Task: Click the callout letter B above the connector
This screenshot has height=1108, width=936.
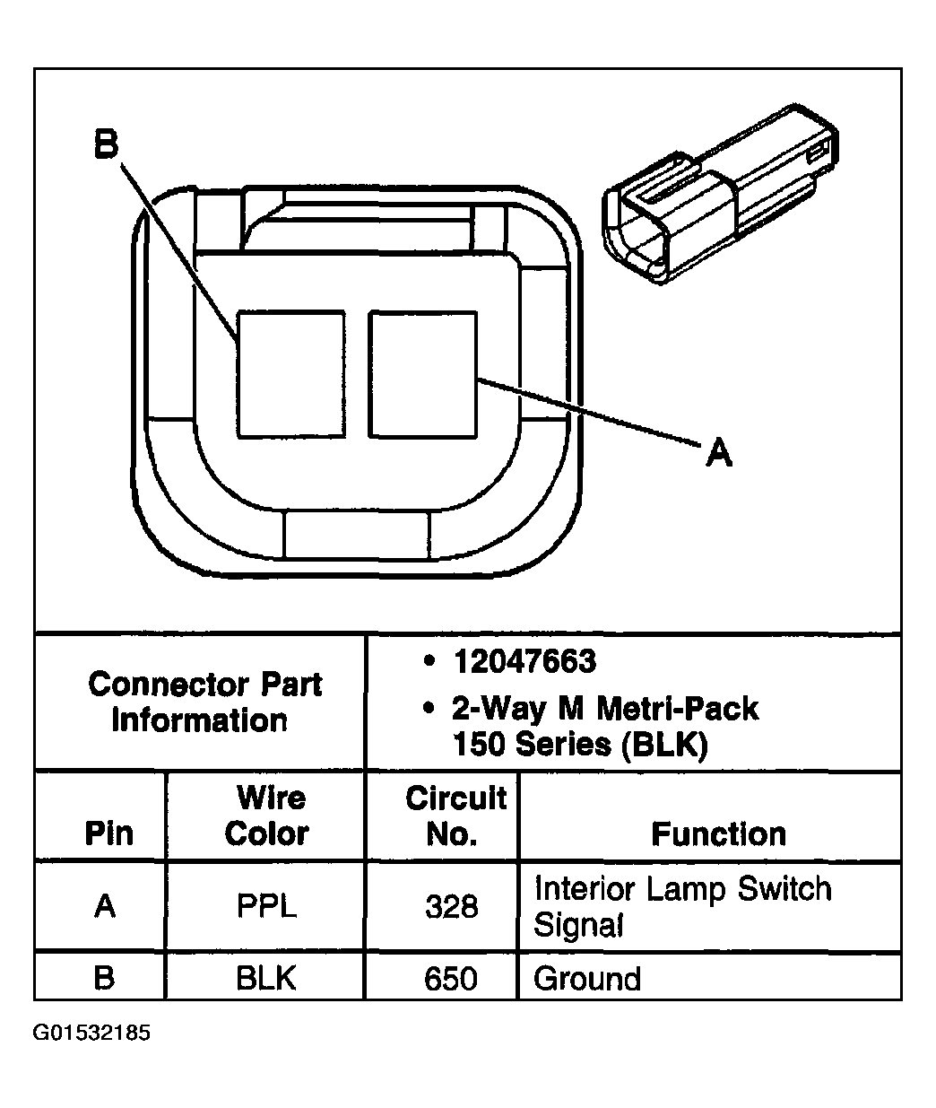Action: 107,144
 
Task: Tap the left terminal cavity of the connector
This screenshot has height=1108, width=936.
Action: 291,374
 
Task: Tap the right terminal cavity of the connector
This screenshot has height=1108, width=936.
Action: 422,374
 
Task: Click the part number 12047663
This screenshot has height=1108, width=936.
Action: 524,662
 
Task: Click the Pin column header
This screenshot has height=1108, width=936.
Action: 108,833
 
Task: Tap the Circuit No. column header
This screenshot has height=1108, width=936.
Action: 455,816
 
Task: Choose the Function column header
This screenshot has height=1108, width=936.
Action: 718,834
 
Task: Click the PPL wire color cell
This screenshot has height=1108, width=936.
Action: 267,906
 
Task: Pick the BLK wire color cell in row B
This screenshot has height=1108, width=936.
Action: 267,977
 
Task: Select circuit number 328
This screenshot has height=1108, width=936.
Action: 451,907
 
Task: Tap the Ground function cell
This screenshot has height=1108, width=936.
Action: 587,978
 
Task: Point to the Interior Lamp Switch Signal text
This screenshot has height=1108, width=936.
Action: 682,906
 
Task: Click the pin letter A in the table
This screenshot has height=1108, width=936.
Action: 106,906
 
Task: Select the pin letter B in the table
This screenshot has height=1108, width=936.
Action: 105,977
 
